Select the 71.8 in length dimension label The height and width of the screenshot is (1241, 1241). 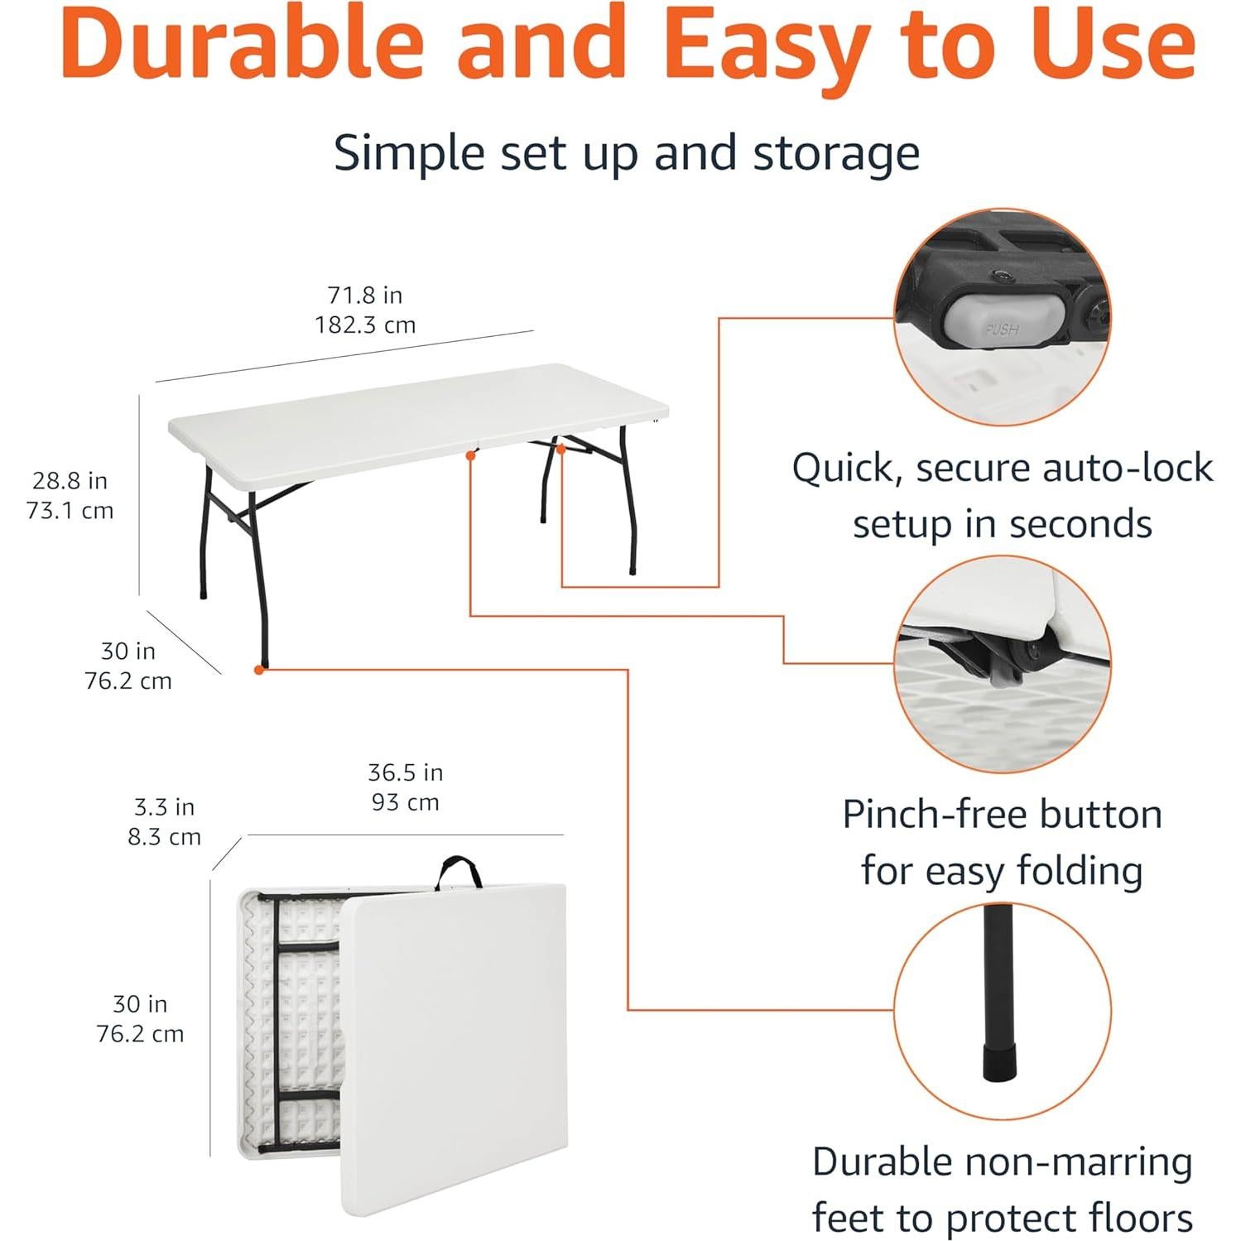365,295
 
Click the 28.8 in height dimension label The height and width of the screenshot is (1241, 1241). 70,480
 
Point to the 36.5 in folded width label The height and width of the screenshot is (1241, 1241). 405,772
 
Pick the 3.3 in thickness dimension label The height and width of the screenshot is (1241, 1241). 164,806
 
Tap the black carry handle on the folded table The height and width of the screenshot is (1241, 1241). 459,869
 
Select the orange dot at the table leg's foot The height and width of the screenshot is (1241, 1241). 259,669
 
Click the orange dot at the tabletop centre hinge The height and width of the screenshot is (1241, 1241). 470,455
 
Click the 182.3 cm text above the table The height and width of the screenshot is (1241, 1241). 365,325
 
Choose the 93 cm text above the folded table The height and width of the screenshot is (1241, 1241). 405,802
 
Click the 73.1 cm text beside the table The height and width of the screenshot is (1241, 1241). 70,511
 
